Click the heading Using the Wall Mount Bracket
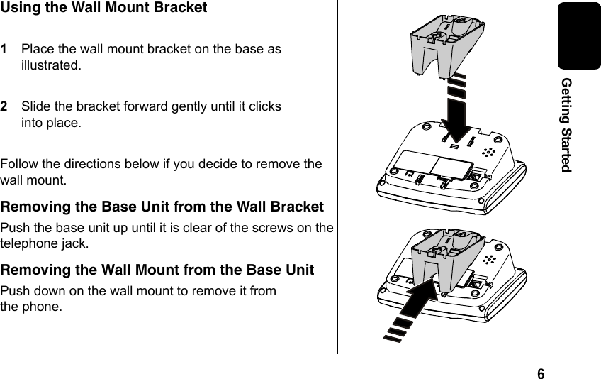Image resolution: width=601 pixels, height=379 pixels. tap(104, 9)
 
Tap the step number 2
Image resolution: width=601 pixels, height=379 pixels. tap(5, 107)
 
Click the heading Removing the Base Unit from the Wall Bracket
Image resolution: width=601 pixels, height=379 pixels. tap(162, 207)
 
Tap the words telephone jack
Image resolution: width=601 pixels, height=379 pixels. tap(45, 244)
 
